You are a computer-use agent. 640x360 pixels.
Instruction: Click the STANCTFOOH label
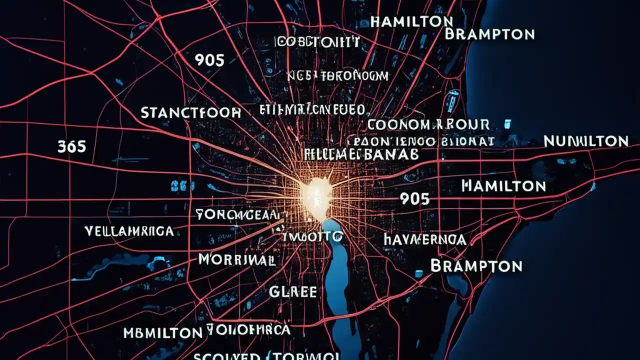[190, 113]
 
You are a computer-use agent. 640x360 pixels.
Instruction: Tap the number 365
[71, 146]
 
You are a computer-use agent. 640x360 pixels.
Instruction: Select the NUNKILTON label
[585, 141]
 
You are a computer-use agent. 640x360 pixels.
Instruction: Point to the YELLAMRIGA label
[129, 231]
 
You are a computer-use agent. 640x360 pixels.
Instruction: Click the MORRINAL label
[236, 259]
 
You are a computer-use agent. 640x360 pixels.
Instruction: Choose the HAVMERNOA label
[425, 239]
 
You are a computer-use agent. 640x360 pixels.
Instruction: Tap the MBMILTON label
[162, 332]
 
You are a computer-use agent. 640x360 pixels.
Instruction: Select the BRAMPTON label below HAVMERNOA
[476, 265]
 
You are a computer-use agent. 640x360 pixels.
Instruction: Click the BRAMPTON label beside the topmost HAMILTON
[489, 34]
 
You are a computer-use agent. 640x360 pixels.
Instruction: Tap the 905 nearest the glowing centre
[414, 199]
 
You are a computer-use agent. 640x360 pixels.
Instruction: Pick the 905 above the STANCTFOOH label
[209, 60]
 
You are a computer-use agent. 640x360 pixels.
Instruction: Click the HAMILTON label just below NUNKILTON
[503, 186]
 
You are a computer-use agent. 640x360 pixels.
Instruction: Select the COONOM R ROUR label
[428, 124]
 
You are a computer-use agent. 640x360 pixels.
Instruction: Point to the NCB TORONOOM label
[337, 76]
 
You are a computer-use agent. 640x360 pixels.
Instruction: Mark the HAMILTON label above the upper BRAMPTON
[412, 21]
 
